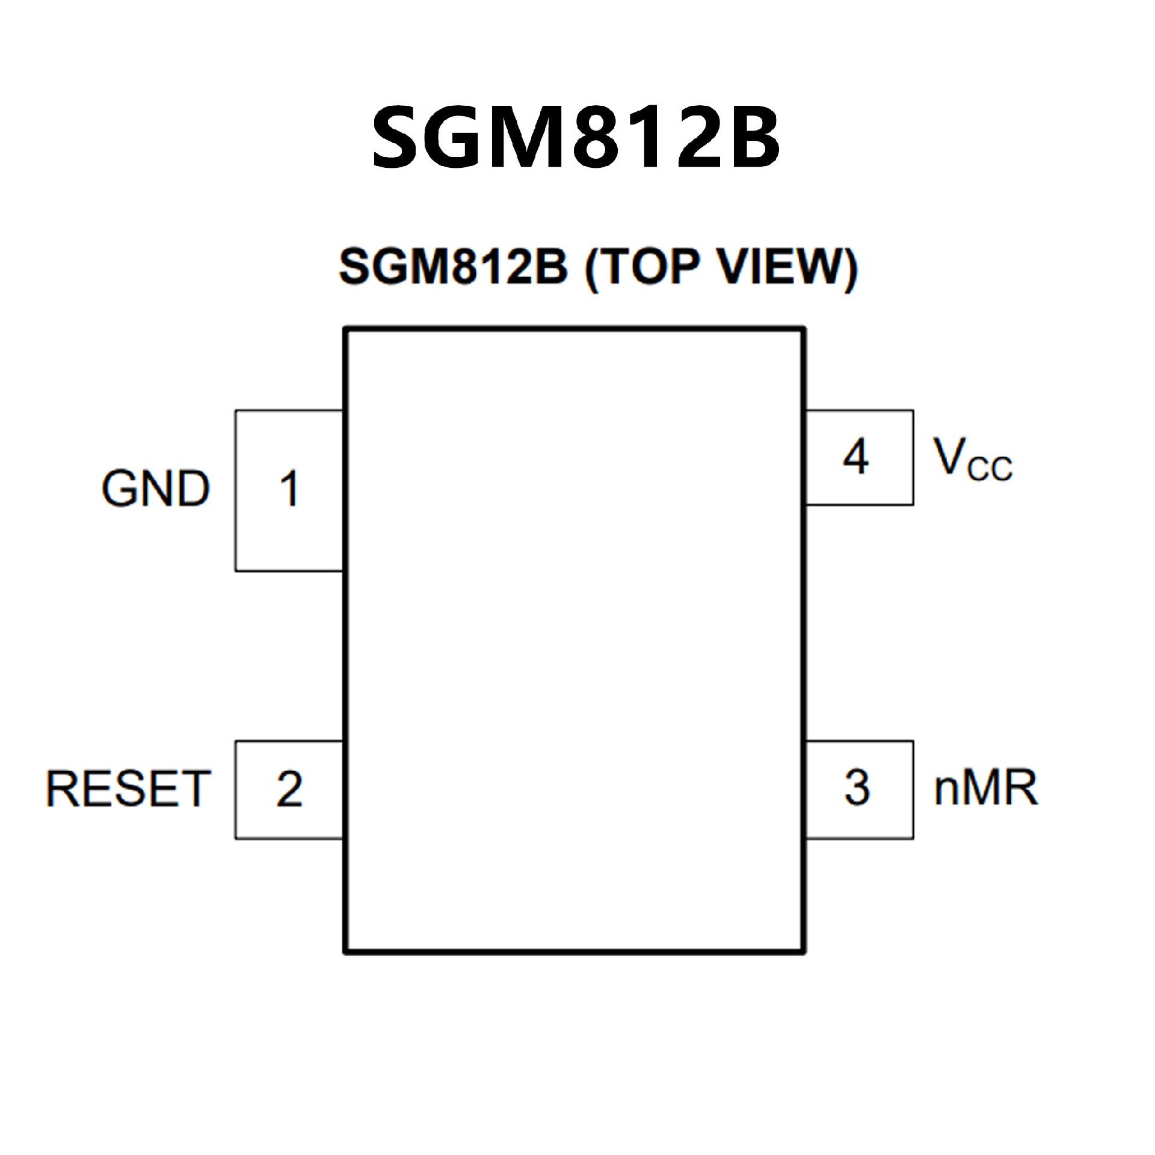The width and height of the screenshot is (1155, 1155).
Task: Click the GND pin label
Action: [x=155, y=488]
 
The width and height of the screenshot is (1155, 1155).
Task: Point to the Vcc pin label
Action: [x=972, y=460]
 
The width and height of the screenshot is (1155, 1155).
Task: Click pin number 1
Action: [x=289, y=488]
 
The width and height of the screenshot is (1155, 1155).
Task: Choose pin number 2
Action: [x=289, y=789]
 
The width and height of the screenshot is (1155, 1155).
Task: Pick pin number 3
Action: [x=857, y=787]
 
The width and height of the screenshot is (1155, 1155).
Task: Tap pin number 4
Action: [x=855, y=457]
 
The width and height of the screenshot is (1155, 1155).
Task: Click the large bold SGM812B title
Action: [x=576, y=137]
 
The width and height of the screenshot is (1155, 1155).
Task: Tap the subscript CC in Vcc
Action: [x=990, y=469]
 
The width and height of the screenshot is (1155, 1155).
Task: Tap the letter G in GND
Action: [x=119, y=488]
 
